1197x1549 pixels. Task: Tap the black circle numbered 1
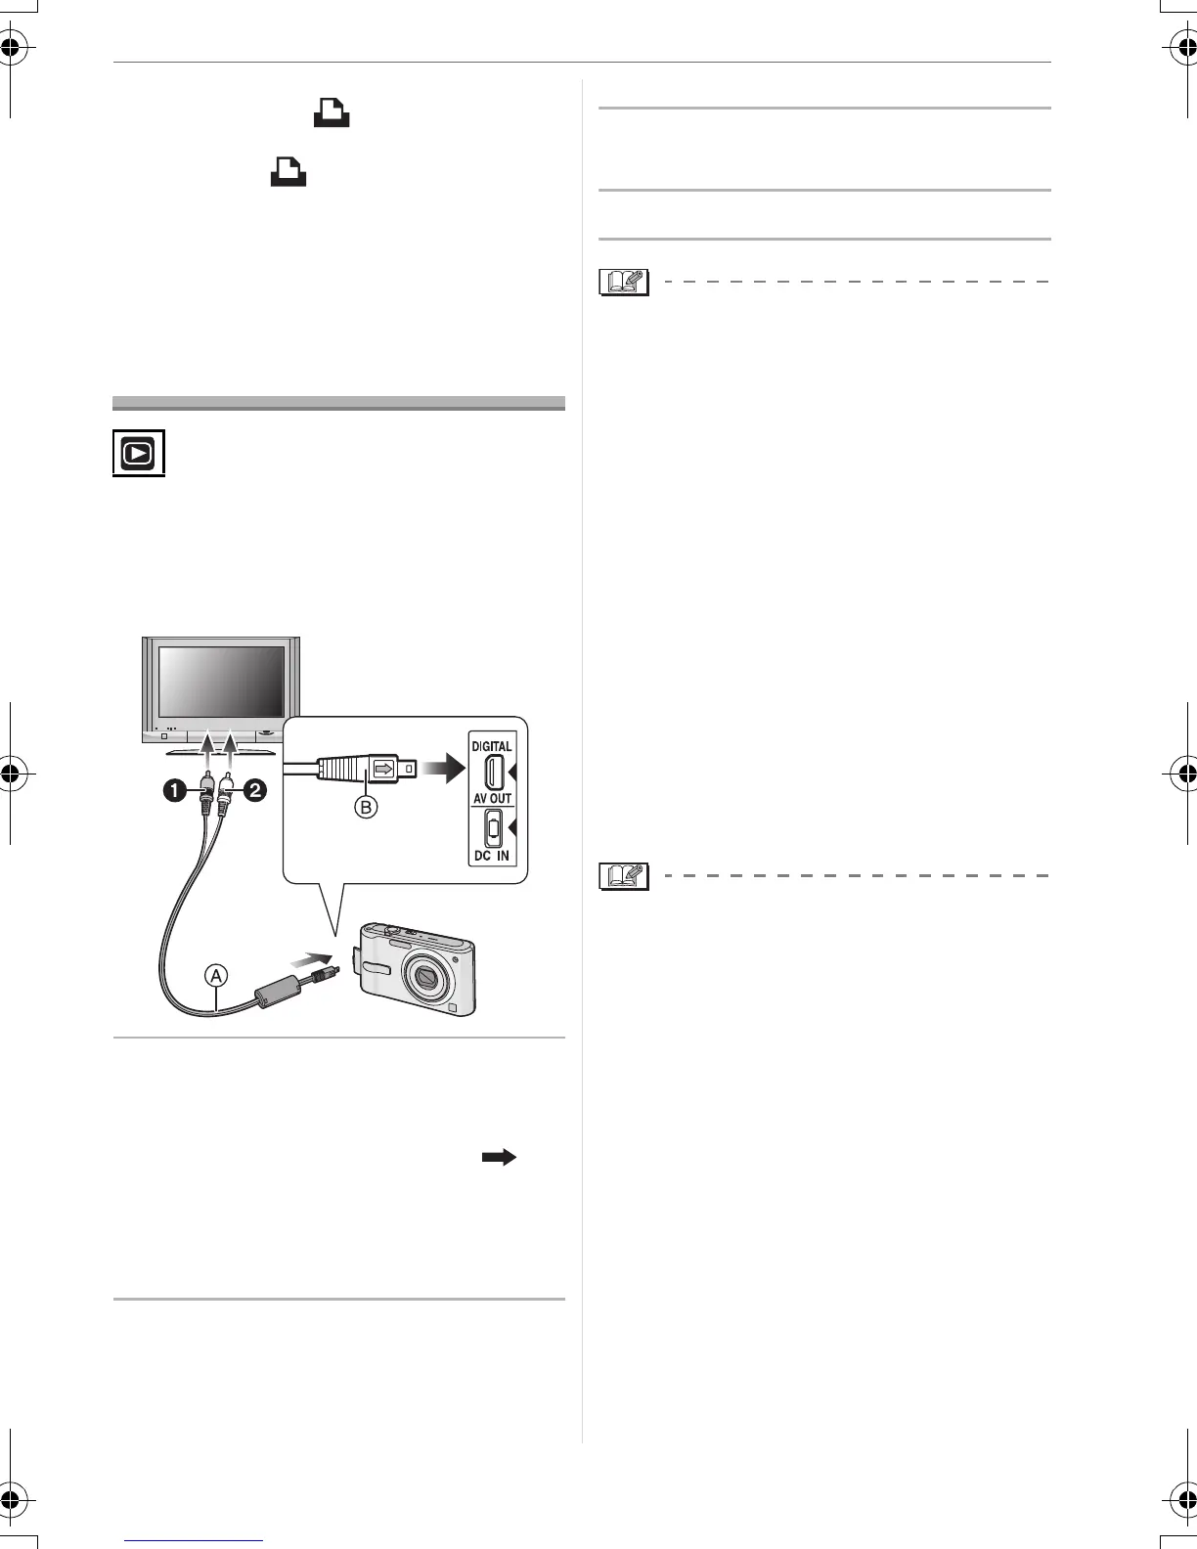coord(176,790)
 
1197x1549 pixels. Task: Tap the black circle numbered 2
coord(254,790)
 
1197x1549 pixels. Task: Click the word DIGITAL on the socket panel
coord(493,746)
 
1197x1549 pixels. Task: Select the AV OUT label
coord(493,799)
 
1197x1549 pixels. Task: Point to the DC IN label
coord(493,856)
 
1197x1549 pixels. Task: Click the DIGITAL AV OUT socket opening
coord(494,773)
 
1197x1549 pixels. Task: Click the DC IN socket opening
coord(494,829)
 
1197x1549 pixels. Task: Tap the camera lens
coord(426,976)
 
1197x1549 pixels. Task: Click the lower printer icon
coord(288,173)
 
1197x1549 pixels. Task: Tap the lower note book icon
coord(624,876)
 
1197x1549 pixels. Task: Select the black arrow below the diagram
coord(499,1157)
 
